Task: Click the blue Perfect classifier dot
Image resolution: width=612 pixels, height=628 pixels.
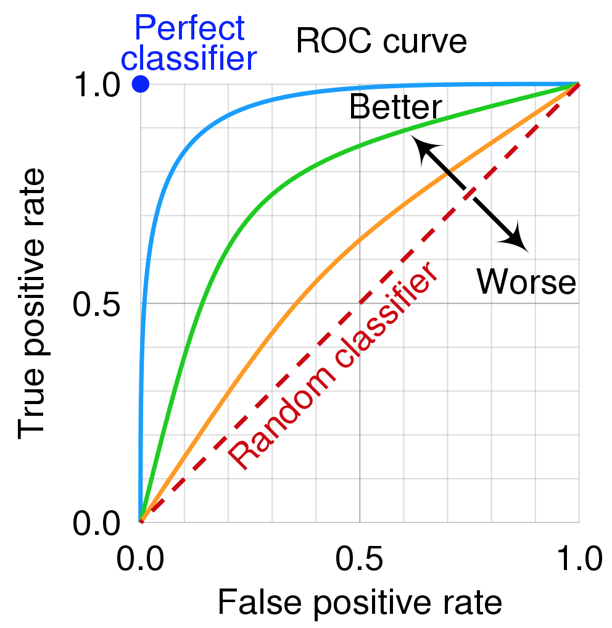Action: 141,84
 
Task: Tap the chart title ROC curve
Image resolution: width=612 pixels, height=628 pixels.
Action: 381,42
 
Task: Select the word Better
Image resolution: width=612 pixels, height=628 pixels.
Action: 395,108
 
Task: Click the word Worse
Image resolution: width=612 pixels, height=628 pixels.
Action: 526,282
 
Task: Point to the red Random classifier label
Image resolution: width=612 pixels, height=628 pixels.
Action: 333,366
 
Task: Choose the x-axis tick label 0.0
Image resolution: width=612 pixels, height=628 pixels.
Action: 140,560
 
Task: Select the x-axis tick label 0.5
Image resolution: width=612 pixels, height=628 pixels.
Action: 359,560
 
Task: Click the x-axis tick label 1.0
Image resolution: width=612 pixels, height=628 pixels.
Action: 578,560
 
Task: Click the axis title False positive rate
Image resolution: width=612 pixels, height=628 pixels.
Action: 359,602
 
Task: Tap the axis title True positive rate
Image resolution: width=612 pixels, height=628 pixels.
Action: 33,304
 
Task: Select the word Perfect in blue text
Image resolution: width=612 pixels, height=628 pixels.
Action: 189,28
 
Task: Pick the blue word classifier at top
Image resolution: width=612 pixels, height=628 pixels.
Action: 189,59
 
